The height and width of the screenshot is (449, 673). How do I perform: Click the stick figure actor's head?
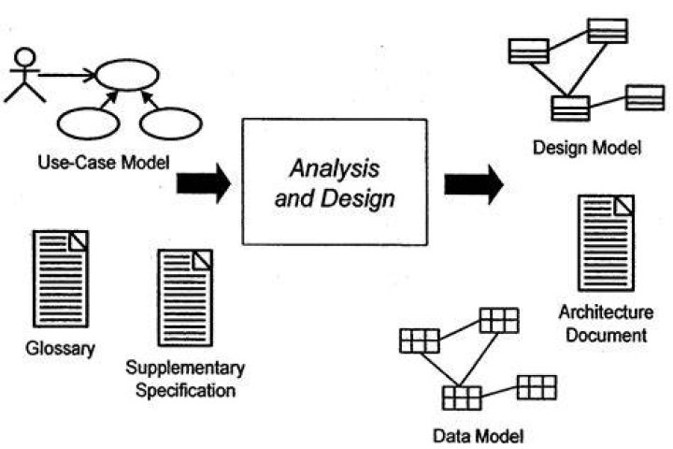pos(25,57)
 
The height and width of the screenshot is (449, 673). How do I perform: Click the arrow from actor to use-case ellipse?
pos(67,75)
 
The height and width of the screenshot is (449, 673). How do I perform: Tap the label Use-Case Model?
pos(104,163)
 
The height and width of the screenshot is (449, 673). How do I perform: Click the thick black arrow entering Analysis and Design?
pos(204,183)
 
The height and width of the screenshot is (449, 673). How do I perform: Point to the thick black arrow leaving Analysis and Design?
pos(474,184)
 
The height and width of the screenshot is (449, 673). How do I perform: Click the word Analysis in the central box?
pos(335,168)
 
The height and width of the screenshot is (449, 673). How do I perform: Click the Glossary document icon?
pos(61,279)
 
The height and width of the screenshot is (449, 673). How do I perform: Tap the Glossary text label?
pos(60,349)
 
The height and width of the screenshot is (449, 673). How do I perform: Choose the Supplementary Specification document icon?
pos(185,297)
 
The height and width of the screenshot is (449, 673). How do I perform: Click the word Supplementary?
pos(185,369)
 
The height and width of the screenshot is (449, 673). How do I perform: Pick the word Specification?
pos(185,391)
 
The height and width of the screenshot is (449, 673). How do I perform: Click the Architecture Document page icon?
pos(606,243)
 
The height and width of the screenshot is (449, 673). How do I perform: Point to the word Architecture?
pos(606,311)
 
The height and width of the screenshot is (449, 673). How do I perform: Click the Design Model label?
pos(587,148)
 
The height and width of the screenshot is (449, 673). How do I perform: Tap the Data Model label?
pos(479,436)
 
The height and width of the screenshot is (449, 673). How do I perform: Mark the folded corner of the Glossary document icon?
pos(79,241)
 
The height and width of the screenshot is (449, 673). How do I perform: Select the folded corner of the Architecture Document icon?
pos(624,206)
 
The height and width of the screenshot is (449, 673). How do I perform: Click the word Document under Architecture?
pos(606,335)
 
